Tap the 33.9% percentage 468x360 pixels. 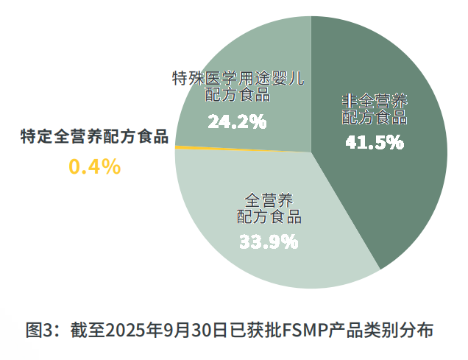[268, 241]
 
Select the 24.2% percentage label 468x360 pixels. [236, 121]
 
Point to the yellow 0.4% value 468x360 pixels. [94, 167]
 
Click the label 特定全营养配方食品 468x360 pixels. [94, 137]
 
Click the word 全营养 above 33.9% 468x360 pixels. [269, 200]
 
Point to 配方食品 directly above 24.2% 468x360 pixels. [237, 94]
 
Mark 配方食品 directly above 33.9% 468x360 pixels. [269, 216]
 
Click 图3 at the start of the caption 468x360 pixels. [38, 329]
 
